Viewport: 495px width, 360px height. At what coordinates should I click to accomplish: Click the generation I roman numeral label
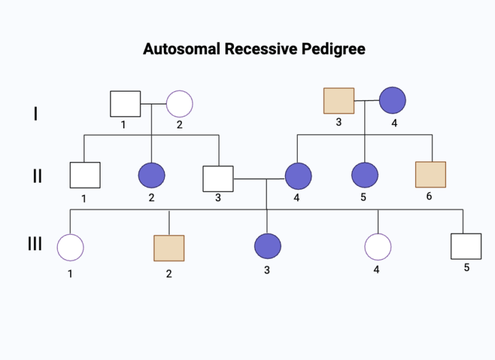tap(35, 114)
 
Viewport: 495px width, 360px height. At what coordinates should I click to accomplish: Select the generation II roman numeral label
tap(37, 175)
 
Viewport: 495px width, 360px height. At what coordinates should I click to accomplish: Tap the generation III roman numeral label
tap(35, 245)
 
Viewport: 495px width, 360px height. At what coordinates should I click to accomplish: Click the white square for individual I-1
tap(125, 104)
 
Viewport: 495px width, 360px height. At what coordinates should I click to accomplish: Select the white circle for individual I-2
tap(180, 104)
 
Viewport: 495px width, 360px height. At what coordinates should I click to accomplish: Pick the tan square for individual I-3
tap(338, 101)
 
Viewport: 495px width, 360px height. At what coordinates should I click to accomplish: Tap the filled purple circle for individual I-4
tap(392, 101)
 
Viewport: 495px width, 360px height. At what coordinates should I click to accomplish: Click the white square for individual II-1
tap(85, 175)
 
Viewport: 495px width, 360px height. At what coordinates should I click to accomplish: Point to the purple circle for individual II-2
tap(151, 175)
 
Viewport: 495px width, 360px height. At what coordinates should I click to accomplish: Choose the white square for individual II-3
tap(218, 179)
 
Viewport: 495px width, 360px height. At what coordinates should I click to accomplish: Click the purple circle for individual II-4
tap(298, 176)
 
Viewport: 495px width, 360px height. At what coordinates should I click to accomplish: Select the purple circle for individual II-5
tap(365, 175)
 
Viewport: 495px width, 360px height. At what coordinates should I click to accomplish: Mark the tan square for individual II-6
tap(431, 175)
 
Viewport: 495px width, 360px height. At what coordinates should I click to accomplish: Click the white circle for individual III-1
tap(70, 248)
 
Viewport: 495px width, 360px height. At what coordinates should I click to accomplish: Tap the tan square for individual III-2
tap(169, 248)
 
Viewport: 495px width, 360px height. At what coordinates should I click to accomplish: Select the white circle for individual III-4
tap(378, 247)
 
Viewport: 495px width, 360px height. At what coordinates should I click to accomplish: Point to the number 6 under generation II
tap(429, 196)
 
